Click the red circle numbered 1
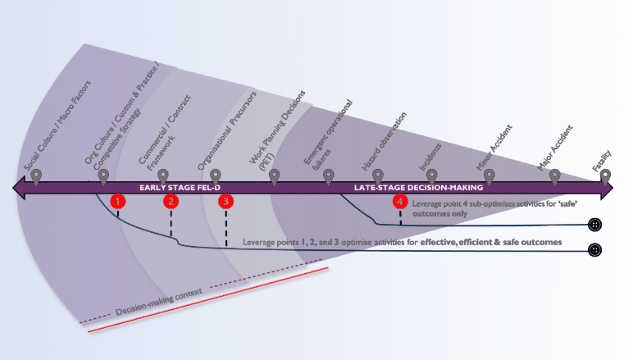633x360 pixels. tap(118, 201)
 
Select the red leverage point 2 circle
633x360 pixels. tap(171, 201)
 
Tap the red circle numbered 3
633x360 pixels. tap(226, 201)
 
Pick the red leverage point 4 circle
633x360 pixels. tap(399, 201)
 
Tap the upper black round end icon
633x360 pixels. tap(595, 225)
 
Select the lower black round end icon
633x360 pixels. tap(595, 249)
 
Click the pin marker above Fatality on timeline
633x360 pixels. tap(605, 175)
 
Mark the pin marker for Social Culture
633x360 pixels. tap(36, 175)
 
